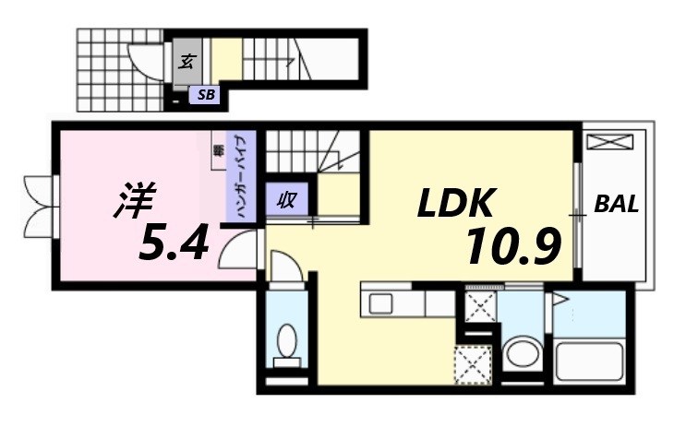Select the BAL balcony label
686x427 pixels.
click(x=616, y=204)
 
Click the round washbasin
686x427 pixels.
click(x=523, y=354)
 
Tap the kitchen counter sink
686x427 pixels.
click(x=381, y=302)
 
